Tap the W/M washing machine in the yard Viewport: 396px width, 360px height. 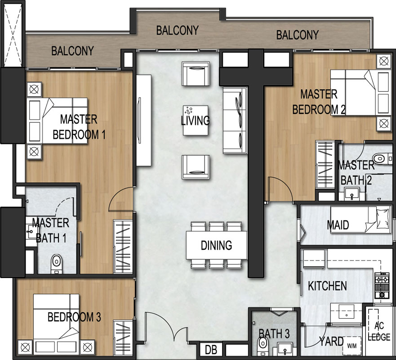tap(352, 346)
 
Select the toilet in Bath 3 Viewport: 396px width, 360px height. tap(263, 345)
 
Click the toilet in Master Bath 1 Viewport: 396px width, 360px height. tap(57, 264)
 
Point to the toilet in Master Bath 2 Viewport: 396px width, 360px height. tap(381, 158)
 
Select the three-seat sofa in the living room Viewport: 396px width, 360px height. tap(235, 120)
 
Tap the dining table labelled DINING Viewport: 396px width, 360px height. tap(217, 245)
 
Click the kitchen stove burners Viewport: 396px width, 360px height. tap(382, 285)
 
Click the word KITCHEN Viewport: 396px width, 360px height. tap(327, 286)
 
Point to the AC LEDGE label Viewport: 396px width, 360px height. tap(379, 331)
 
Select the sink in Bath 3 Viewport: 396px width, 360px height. tap(285, 349)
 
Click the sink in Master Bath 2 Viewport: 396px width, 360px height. tap(352, 194)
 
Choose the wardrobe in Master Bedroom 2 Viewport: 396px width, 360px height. tap(325, 164)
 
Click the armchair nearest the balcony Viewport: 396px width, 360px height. tap(196, 74)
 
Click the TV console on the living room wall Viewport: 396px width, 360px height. tap(144, 120)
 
